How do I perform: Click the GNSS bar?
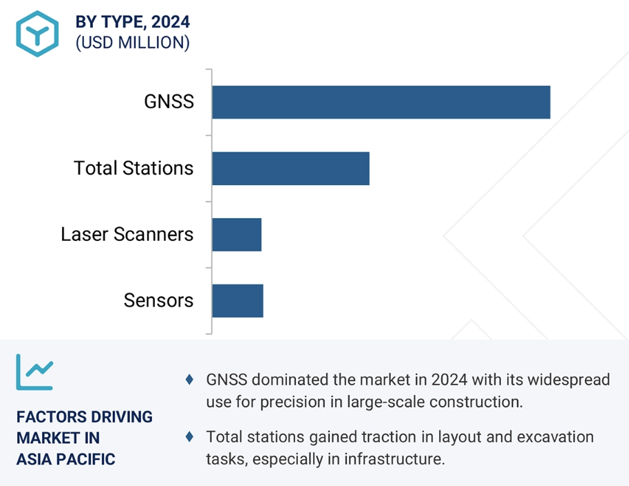click(381, 102)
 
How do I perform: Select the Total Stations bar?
click(291, 169)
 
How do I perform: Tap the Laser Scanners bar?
click(237, 235)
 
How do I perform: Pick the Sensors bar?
click(237, 301)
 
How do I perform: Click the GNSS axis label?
click(169, 101)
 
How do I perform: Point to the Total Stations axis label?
click(134, 168)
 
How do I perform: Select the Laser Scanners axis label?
click(127, 234)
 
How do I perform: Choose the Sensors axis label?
click(158, 300)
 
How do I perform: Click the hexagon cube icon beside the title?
click(37, 34)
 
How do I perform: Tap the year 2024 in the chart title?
click(171, 21)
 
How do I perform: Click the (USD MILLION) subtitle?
click(133, 43)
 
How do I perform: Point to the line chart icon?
click(34, 372)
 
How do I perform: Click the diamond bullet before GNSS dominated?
click(189, 379)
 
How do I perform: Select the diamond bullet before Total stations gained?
click(189, 436)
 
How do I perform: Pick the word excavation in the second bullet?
click(555, 436)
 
